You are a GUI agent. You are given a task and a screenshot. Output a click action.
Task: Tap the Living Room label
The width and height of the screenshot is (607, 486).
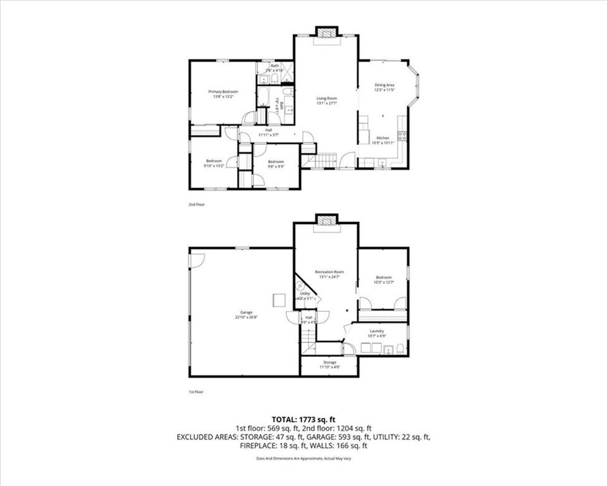point(326,100)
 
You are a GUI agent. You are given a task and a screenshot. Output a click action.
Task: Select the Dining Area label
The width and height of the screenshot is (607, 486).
point(384,87)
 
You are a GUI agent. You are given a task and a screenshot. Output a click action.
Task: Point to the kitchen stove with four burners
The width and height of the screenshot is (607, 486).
point(402,135)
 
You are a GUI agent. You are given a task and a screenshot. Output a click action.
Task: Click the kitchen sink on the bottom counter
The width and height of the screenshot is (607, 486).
point(382,164)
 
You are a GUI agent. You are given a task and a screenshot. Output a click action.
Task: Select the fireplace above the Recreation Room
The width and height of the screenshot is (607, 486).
point(326,221)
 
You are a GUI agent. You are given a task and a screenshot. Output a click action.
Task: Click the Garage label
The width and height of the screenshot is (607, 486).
point(246,315)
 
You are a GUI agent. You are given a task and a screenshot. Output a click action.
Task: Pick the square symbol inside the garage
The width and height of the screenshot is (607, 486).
point(278,299)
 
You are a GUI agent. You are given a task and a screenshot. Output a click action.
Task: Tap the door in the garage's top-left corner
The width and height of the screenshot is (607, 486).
point(197,259)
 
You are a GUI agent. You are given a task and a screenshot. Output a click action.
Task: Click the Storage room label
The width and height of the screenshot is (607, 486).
point(329,364)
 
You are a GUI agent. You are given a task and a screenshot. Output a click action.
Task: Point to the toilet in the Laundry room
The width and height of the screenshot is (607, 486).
point(400,348)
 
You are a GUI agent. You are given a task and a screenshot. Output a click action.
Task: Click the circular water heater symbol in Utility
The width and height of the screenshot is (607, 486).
point(300,285)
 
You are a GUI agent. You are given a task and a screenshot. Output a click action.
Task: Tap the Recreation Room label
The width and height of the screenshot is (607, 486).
point(329,274)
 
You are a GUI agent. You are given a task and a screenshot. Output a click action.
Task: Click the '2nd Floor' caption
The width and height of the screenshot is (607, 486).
point(197,204)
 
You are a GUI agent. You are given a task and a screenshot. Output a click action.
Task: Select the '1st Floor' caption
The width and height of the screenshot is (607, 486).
point(196,392)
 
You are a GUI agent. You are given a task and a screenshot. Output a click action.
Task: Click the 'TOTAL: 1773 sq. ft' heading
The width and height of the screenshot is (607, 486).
point(303,419)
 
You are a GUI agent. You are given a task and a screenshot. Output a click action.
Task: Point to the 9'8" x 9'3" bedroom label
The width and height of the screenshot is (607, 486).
point(275,163)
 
